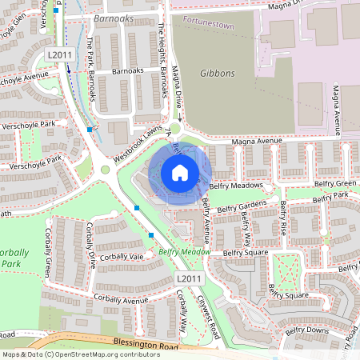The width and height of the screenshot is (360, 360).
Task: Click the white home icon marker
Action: [x=180, y=172]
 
